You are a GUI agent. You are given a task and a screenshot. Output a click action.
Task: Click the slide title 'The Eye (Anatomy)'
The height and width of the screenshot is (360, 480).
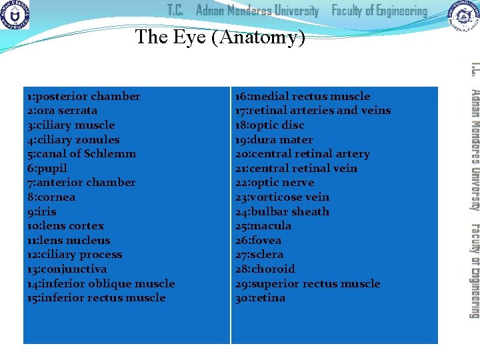(220, 37)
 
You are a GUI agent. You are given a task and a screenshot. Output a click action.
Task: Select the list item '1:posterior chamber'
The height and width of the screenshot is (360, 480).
(83, 96)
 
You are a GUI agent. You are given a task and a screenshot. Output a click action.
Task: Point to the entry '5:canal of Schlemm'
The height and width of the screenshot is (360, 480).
(81, 154)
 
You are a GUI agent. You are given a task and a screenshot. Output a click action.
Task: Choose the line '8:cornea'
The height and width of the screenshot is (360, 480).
(51, 197)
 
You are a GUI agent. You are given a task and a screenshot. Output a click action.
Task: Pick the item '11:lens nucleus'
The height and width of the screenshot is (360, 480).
(69, 241)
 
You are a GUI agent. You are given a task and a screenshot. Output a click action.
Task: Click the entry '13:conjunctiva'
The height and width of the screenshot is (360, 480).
(67, 269)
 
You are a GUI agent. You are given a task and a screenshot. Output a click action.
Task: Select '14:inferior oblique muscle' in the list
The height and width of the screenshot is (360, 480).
(101, 284)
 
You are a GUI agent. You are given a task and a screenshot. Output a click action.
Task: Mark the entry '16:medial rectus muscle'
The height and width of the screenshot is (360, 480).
(302, 96)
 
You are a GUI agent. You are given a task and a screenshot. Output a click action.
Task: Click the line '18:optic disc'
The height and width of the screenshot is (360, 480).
(269, 125)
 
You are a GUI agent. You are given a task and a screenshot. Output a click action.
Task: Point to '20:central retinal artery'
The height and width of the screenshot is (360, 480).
(302, 154)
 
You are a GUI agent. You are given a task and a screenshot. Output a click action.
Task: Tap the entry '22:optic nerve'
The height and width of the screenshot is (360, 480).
(274, 183)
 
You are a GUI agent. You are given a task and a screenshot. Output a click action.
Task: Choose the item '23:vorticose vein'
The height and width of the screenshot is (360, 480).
(282, 197)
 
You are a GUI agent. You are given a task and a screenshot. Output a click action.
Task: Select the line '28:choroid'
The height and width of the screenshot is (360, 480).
(265, 269)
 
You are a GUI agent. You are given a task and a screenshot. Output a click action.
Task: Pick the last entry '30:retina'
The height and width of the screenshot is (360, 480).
(260, 298)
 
